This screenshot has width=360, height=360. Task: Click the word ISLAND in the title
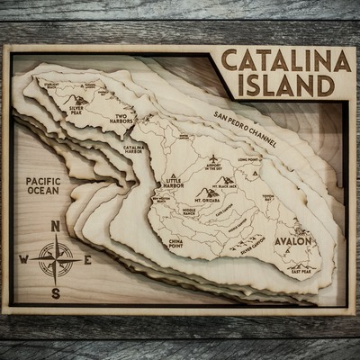(287, 86)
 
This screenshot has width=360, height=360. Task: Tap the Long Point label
(248, 160)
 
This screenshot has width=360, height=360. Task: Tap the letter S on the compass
(55, 292)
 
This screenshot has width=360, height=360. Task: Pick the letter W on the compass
(22, 260)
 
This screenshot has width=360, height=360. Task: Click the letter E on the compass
(87, 260)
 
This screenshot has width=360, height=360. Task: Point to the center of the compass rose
(55, 260)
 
